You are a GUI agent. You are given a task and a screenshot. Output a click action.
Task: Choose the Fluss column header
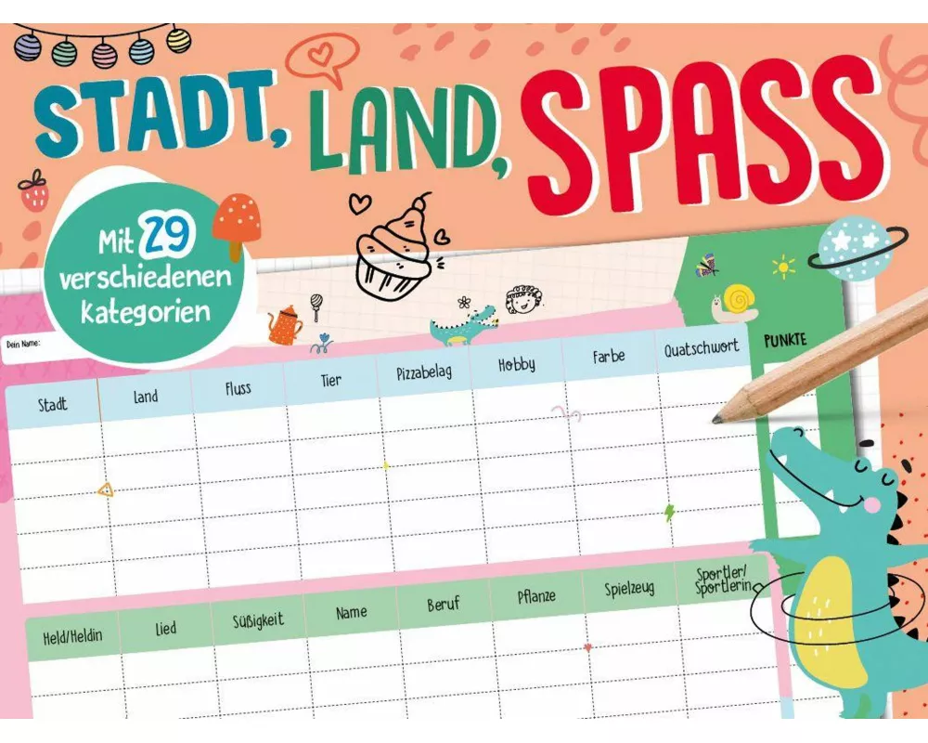pos(238,388)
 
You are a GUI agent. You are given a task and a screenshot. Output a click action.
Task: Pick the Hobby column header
pos(517,364)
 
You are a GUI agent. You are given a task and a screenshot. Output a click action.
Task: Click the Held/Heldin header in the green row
pos(72,637)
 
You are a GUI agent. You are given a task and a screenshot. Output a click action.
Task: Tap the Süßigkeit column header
pos(258,619)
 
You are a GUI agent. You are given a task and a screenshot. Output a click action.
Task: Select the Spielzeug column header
pos(630,588)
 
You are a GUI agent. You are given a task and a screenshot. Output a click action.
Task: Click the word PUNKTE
pos(785,341)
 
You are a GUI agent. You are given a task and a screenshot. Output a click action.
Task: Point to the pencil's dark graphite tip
pos(718,419)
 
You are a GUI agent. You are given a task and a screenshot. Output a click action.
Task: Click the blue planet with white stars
pos(852,247)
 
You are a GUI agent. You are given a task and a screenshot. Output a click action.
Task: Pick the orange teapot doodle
pos(285,323)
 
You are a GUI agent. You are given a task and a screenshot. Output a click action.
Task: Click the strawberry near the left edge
pos(33,191)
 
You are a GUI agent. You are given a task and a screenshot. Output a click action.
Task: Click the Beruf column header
pos(444,605)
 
